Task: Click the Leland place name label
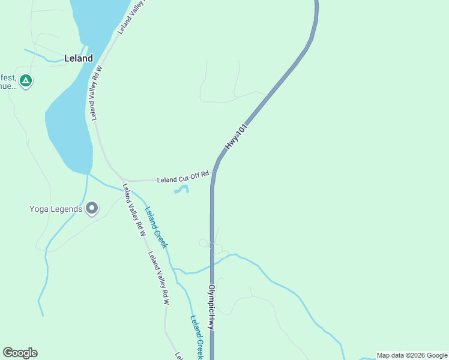click(79, 58)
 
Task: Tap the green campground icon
click(25, 80)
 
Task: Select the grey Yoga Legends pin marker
click(92, 208)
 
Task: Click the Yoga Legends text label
click(56, 209)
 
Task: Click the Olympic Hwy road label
click(211, 306)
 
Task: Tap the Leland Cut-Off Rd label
click(182, 179)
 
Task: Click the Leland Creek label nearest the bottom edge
click(197, 337)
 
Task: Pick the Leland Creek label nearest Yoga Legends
click(155, 227)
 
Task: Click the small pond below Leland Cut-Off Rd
click(182, 190)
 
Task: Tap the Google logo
click(20, 352)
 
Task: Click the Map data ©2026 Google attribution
click(412, 355)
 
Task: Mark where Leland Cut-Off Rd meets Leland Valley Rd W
click(124, 181)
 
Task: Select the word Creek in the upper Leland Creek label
click(160, 237)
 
